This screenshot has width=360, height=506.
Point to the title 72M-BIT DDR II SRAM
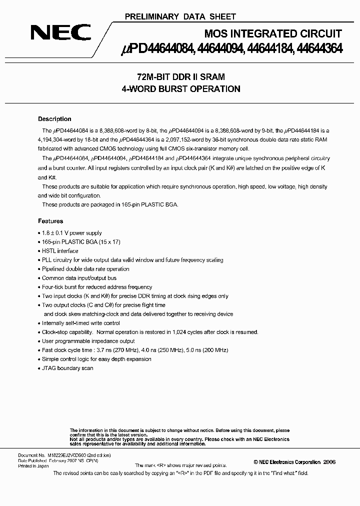pyautogui.click(x=180, y=77)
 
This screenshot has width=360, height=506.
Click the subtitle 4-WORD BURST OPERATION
pyautogui.click(x=180, y=89)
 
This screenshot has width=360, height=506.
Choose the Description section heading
pyautogui.click(x=54, y=119)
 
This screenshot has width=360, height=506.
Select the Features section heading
pyautogui.click(x=50, y=220)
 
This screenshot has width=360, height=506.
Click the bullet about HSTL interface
pyautogui.click(x=60, y=251)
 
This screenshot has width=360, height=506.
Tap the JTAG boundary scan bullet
pyautogui.click(x=67, y=368)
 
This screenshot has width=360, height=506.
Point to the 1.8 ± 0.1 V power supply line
pyautogui.click(x=71, y=233)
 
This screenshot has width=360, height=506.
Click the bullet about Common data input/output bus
pyautogui.click(x=79, y=278)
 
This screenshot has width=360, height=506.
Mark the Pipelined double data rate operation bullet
pyautogui.click(x=85, y=269)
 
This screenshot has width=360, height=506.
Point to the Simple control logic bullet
pyautogui.click(x=96, y=359)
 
